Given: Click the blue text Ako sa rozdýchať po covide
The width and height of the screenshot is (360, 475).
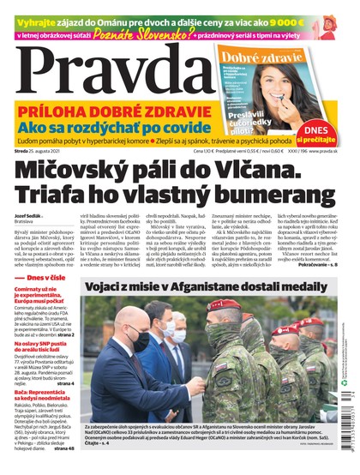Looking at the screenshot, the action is [108, 126].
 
